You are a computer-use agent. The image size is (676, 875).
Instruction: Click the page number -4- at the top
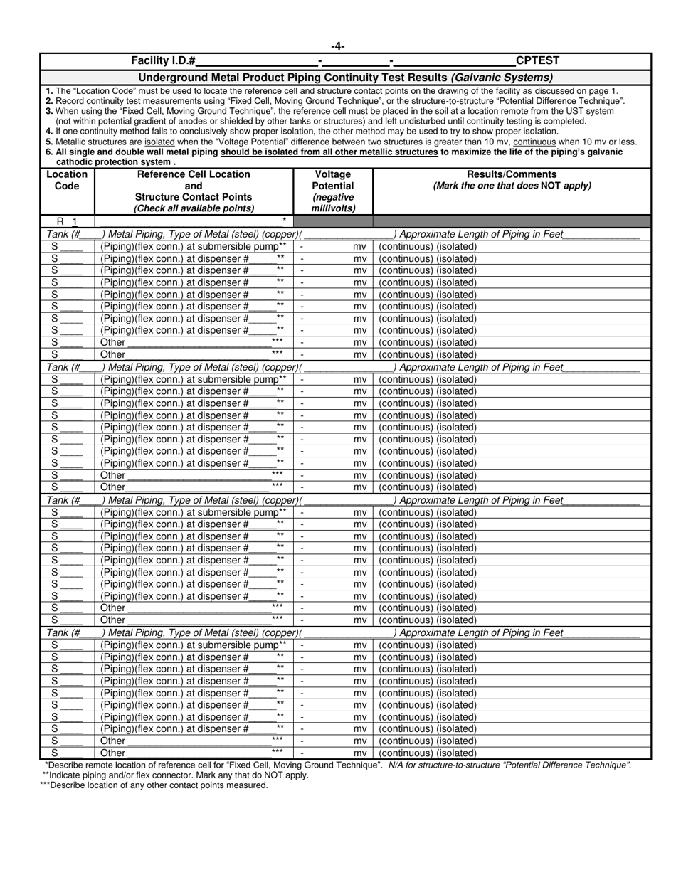(338, 47)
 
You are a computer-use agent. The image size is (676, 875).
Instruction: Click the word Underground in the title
(171, 77)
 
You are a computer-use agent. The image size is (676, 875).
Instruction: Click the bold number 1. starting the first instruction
(48, 91)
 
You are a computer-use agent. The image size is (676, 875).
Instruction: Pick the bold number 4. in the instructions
(48, 131)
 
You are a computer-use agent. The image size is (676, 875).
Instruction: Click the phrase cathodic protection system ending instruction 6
(114, 161)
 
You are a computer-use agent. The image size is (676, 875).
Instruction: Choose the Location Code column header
(67, 180)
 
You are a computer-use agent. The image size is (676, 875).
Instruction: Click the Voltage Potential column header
(333, 180)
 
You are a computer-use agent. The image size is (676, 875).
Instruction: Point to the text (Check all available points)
(194, 208)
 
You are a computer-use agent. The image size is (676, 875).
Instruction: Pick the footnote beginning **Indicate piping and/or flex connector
(175, 775)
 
